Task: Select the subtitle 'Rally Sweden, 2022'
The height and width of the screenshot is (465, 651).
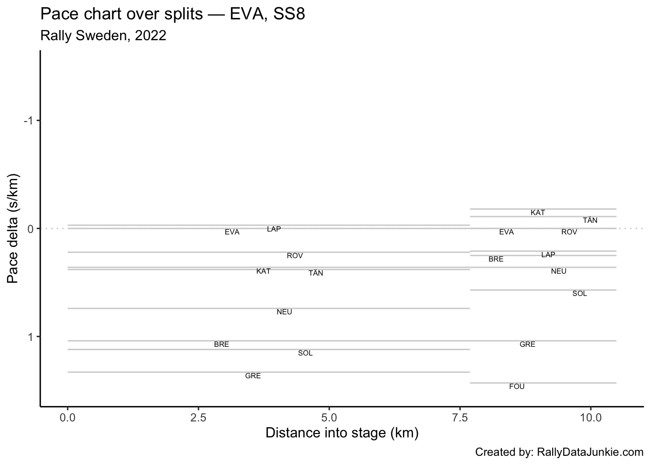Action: click(104, 35)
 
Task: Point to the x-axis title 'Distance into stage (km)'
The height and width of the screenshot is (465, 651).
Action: click(342, 433)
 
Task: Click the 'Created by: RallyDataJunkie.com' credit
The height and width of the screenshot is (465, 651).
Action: click(559, 452)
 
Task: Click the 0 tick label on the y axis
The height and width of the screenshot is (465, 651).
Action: click(30, 229)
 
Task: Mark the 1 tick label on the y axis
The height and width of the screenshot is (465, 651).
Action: click(30, 337)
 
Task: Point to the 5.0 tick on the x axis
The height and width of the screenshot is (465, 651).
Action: click(329, 417)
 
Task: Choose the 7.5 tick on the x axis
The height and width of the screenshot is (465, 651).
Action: click(460, 417)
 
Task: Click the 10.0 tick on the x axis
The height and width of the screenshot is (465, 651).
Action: click(590, 417)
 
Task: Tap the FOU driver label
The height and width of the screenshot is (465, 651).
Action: click(517, 387)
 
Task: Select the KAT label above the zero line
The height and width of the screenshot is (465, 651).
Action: click(538, 213)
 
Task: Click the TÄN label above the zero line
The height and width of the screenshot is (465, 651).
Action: click(590, 220)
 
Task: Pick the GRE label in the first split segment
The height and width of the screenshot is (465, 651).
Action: click(253, 376)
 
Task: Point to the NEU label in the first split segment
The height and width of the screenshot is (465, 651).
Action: click(284, 312)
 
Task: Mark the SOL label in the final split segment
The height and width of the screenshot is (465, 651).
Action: click(579, 294)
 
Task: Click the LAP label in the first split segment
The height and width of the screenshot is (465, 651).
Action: click(274, 229)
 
